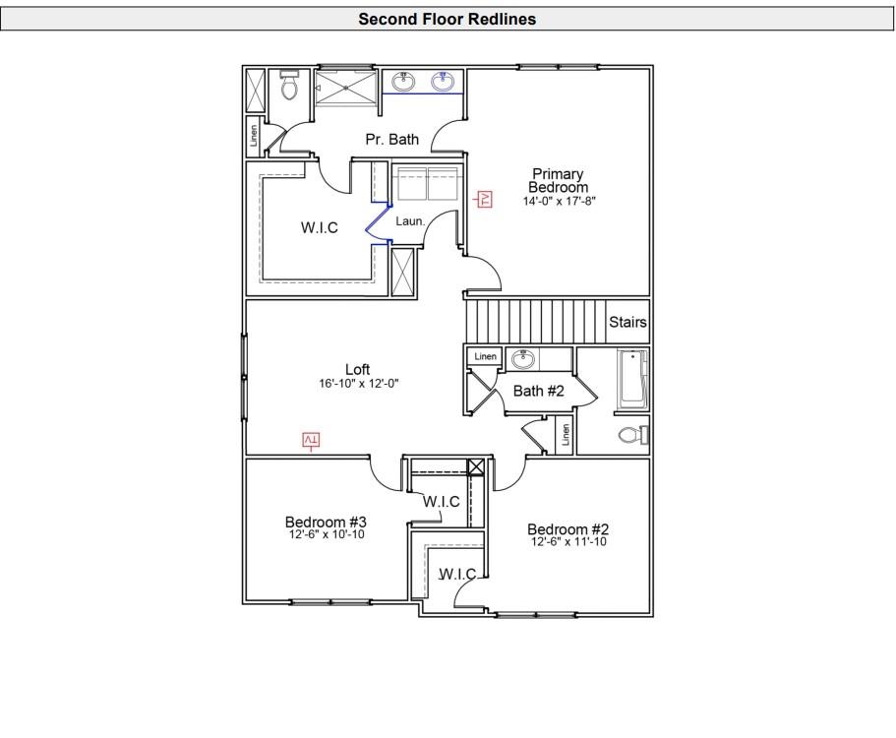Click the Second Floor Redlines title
(448, 19)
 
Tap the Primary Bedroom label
(558, 181)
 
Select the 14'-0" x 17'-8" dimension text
(560, 201)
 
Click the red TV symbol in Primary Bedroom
(484, 200)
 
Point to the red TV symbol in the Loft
(311, 440)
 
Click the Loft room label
(357, 370)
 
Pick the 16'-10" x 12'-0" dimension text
(358, 384)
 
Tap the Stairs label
(627, 322)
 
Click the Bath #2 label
(539, 391)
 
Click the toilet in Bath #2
(629, 435)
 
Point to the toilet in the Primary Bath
(289, 88)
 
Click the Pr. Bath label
(391, 140)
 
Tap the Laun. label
(410, 221)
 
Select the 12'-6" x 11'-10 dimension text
(567, 542)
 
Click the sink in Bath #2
(522, 359)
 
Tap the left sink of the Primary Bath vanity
(403, 82)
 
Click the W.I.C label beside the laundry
(319, 228)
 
